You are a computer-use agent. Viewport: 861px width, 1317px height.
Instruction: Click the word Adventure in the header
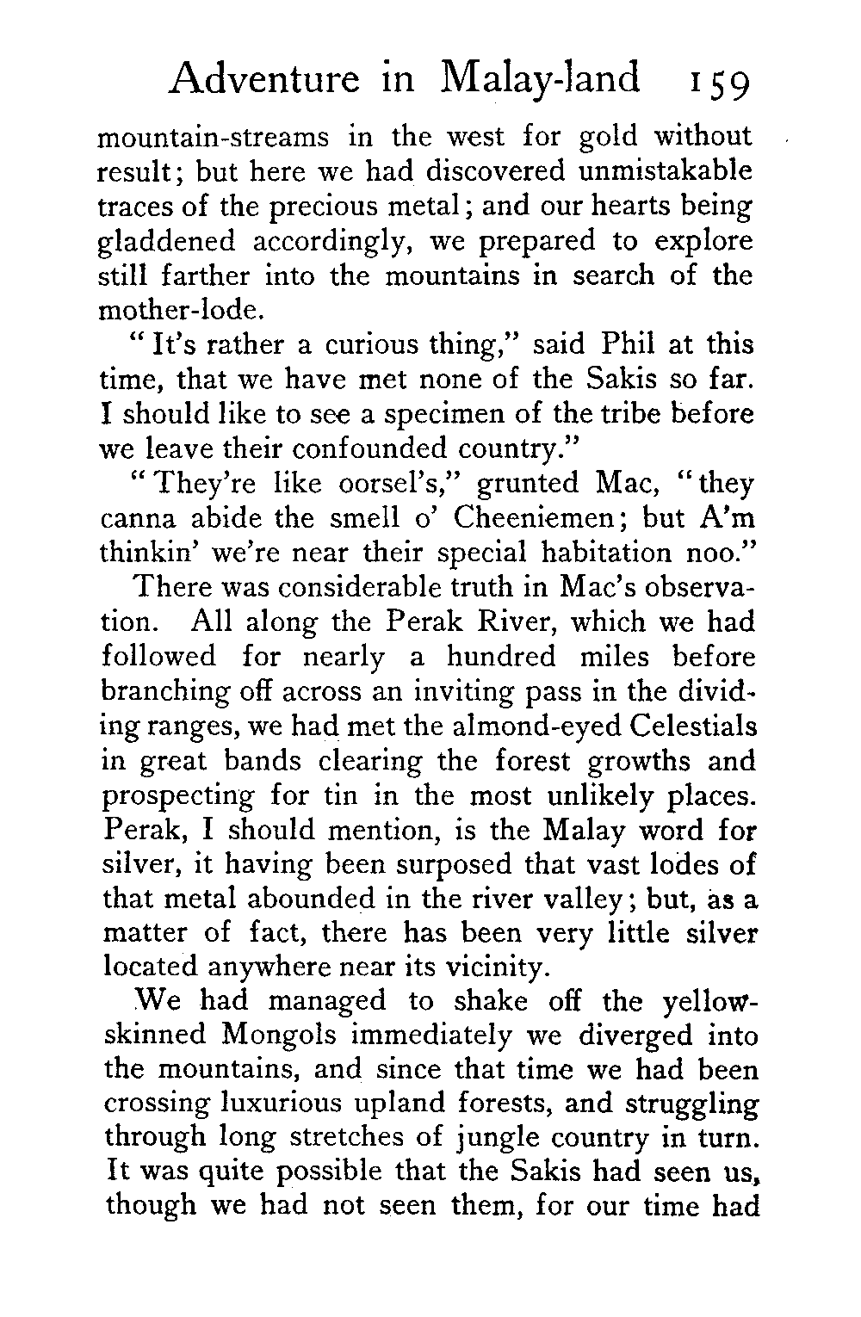pos(265,79)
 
